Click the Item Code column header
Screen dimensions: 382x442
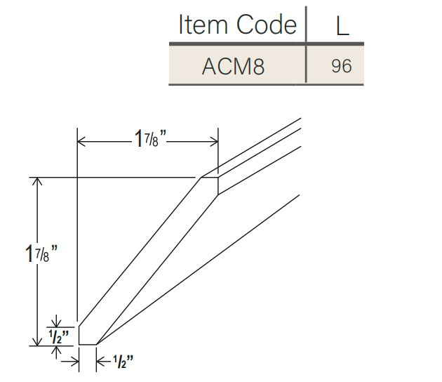(x=237, y=25)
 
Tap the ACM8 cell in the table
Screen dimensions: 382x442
(x=234, y=66)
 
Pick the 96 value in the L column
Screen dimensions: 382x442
(x=342, y=66)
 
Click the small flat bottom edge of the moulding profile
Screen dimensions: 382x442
(x=87, y=345)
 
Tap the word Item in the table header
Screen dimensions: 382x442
(x=199, y=25)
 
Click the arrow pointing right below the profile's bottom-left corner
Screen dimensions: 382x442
(x=72, y=361)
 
